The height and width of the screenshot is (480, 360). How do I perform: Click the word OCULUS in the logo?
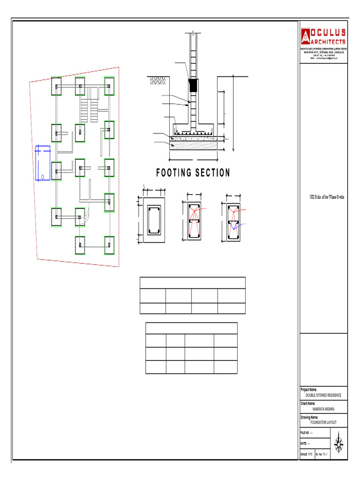329,32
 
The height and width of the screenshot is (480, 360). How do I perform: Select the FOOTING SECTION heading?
193,173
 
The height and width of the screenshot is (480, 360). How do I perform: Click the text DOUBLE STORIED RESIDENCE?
323,395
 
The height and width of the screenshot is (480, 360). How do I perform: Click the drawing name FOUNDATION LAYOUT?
323,422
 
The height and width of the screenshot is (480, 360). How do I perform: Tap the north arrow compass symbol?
339,442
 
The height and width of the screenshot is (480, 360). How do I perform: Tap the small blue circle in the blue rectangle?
43,177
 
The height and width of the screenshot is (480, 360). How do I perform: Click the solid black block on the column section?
193,85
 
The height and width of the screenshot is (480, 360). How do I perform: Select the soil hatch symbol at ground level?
157,81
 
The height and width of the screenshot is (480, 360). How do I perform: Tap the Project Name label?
308,390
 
